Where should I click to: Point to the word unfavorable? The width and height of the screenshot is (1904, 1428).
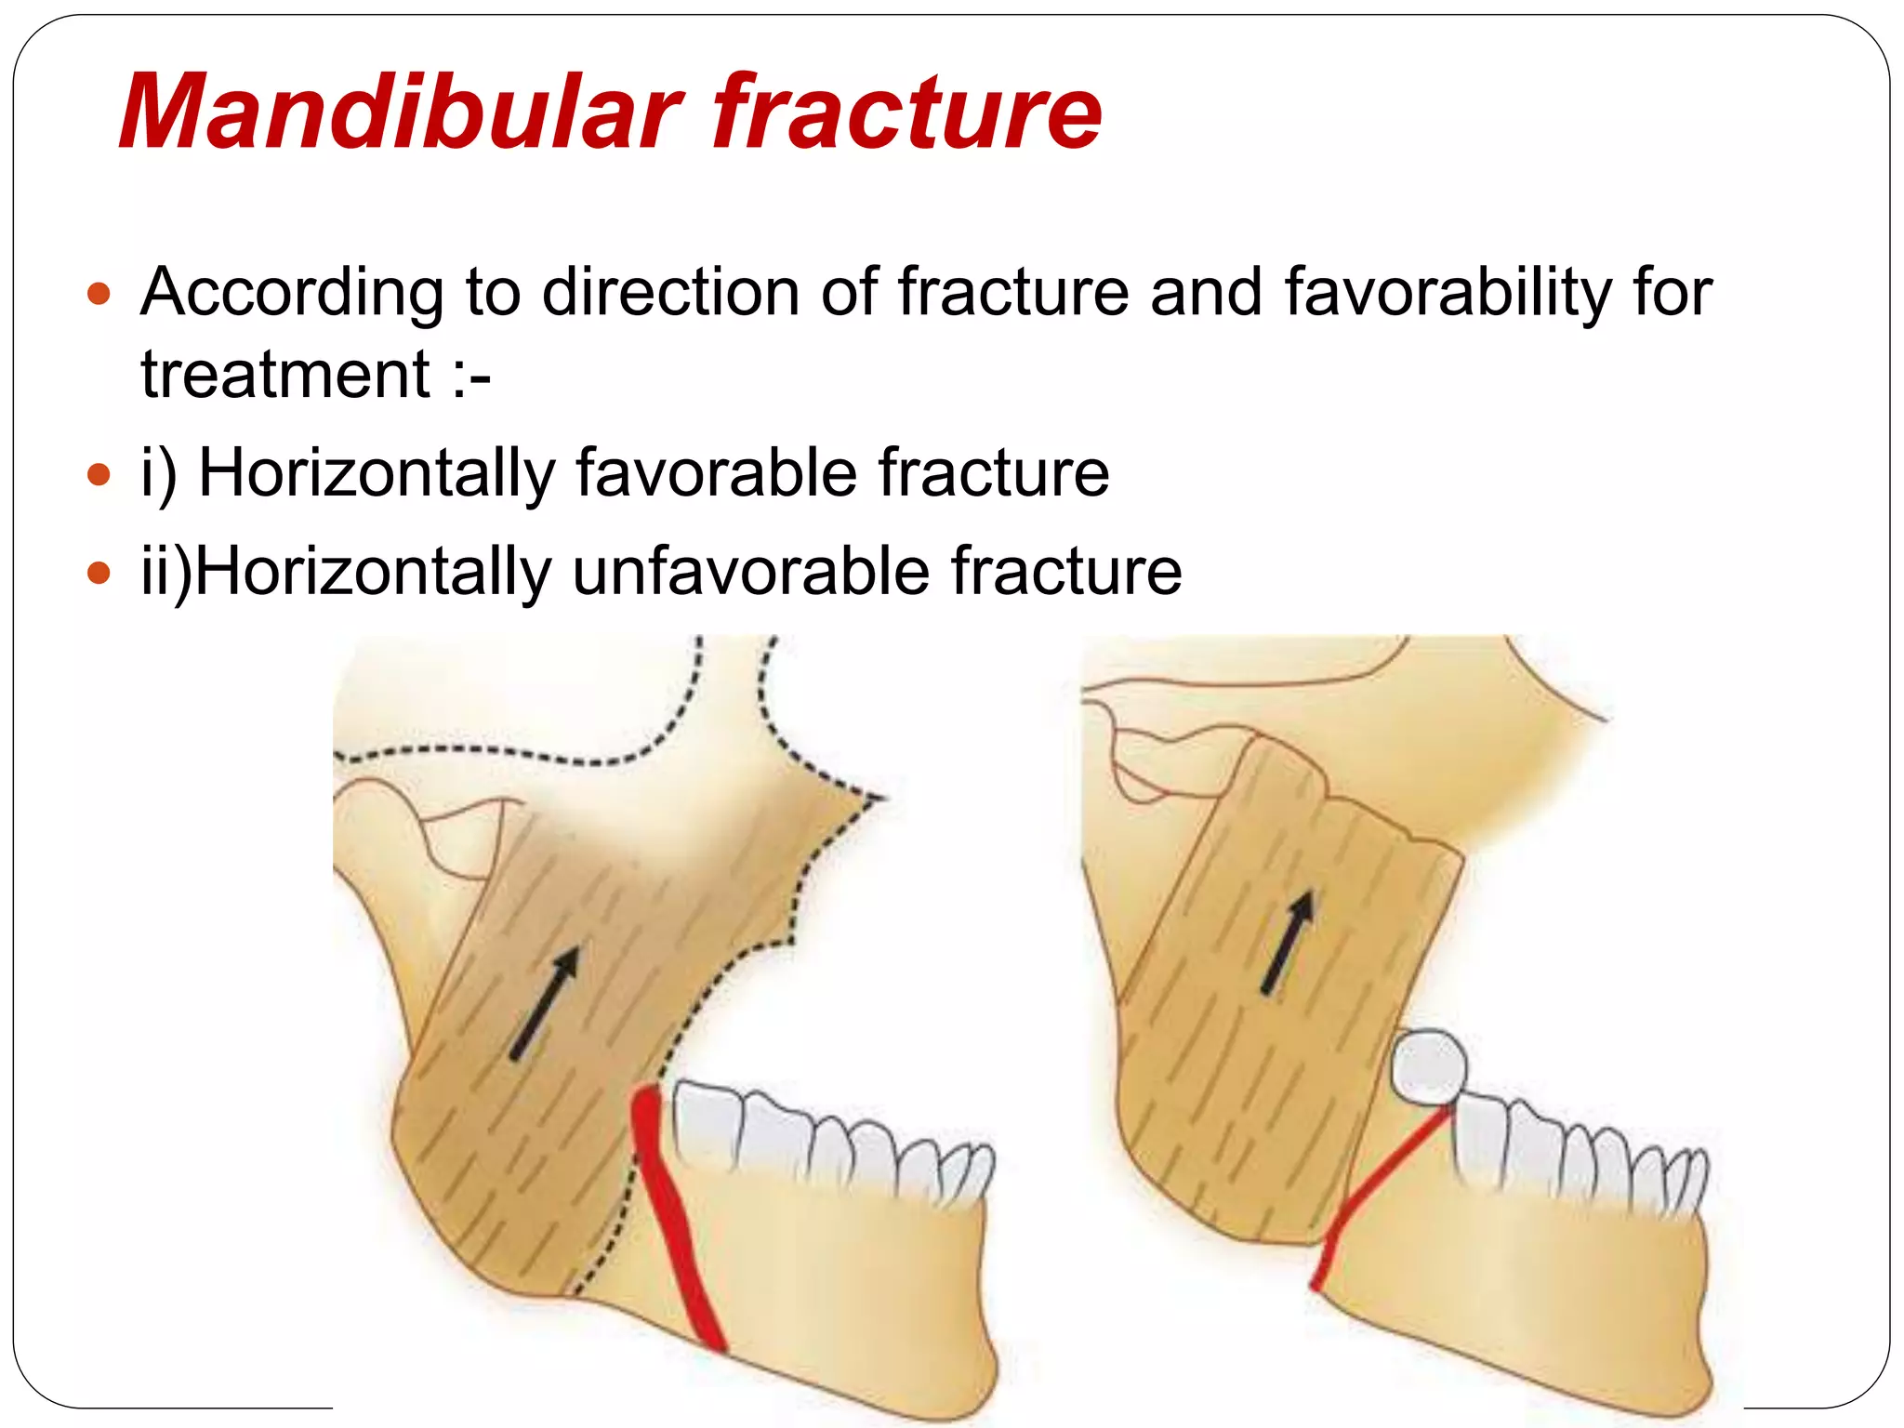point(749,571)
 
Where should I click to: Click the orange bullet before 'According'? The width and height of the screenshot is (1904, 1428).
point(98,296)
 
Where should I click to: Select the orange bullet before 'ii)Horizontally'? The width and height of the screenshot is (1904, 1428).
point(98,574)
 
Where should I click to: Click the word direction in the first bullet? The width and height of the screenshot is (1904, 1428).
point(669,293)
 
